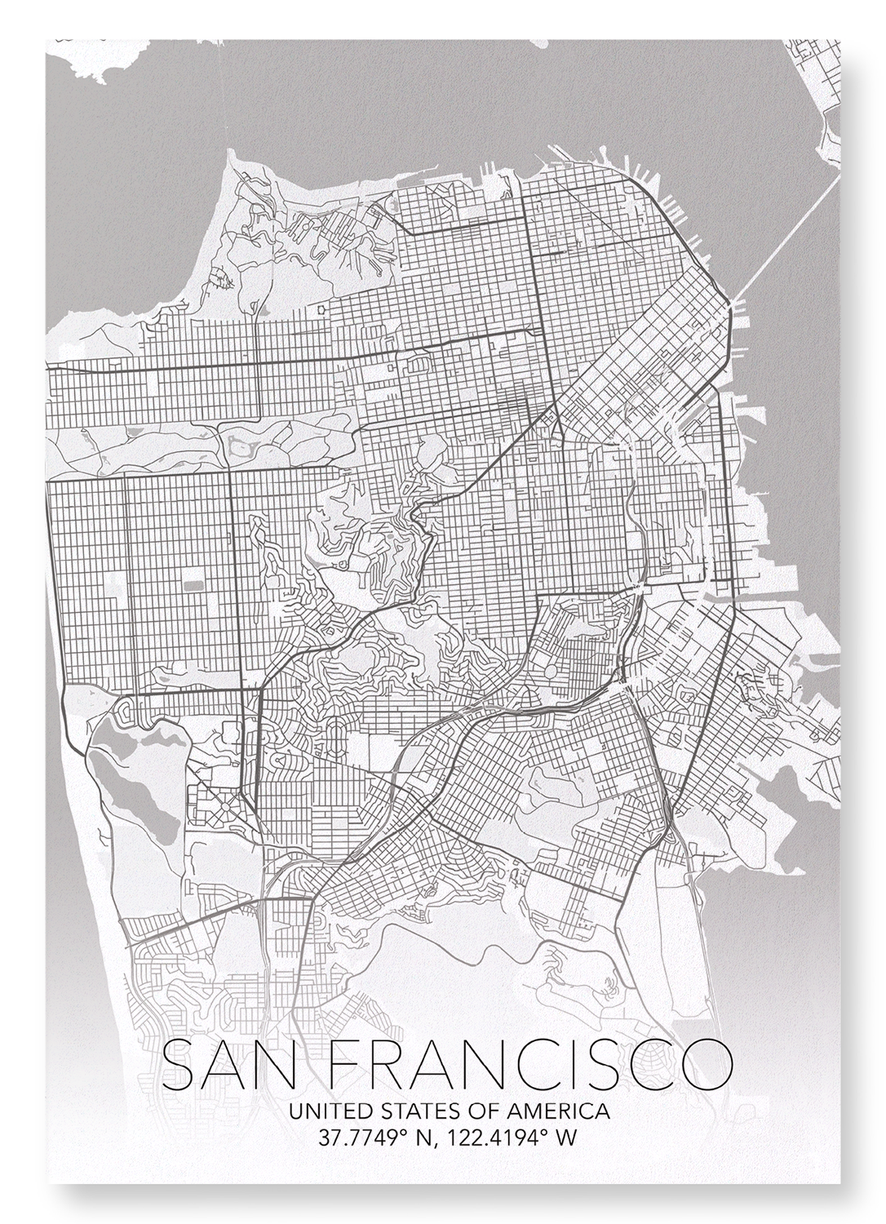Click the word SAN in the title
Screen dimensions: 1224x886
click(231, 1067)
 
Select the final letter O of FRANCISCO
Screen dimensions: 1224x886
click(707, 1067)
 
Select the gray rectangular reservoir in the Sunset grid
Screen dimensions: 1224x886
click(193, 586)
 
